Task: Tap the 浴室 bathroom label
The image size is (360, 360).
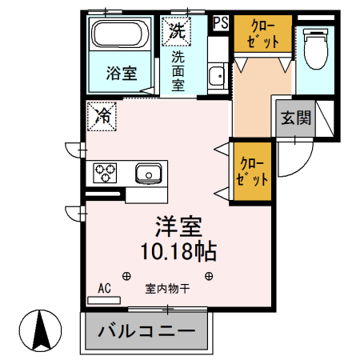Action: coord(122,73)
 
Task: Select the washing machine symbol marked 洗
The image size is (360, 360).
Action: coord(177,31)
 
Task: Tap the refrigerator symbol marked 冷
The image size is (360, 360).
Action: coord(103,117)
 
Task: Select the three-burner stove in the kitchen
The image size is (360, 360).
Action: coord(106,172)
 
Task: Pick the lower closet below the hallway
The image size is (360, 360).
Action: coord(253,170)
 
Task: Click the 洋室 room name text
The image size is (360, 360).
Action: coord(177,226)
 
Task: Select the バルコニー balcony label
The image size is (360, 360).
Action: coord(147,330)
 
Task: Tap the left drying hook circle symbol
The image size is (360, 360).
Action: coord(126,276)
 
